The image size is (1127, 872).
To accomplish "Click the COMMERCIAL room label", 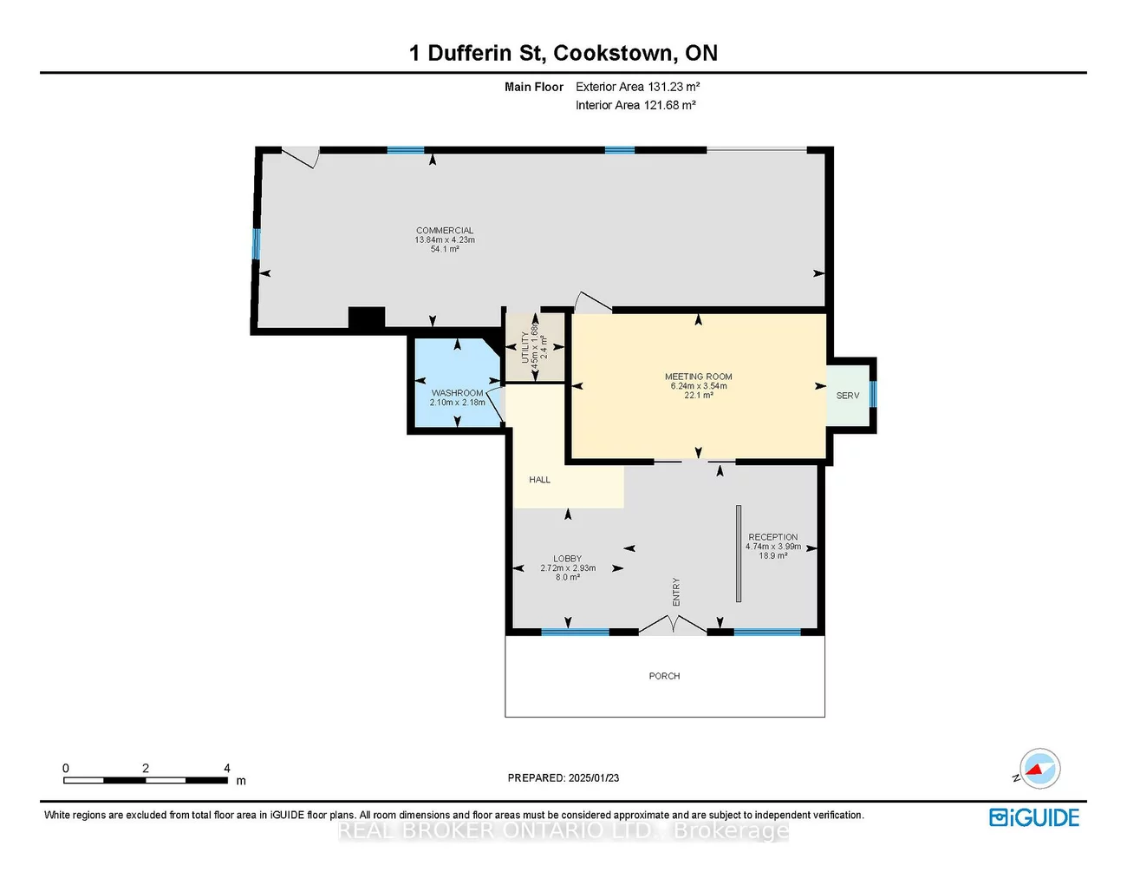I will point(445,231).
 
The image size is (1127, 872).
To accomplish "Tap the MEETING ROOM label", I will point(698,377).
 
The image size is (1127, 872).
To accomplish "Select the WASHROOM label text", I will point(457,393).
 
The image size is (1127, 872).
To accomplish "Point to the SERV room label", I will point(847,396).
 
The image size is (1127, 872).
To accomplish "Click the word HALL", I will point(539,480).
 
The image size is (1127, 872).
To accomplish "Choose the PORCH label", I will point(664,676).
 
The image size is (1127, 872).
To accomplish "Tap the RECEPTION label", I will point(772,537).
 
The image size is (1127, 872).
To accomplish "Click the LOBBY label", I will point(567,559).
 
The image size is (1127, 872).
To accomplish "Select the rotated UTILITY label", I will point(525,347).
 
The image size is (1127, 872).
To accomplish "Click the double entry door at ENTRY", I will point(673,625).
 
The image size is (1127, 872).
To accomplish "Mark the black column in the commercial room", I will point(366,318).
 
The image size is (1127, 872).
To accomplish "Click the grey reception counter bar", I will point(739,554).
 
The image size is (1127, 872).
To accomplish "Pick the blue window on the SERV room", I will point(873,394).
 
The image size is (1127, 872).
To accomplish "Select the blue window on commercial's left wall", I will point(257,244).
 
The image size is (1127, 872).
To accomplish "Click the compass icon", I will point(1039,769).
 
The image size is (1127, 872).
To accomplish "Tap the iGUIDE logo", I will point(1034,817).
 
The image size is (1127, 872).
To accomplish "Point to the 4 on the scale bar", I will point(227,769).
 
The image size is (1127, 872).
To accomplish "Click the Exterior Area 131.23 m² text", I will point(637,87).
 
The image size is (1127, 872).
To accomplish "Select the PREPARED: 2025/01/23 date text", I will point(563,778).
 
